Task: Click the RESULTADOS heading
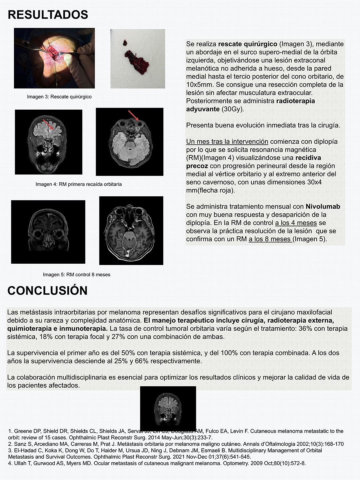click(48, 15)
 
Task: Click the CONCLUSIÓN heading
click(47, 290)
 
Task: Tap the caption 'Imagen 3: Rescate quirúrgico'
click(59, 97)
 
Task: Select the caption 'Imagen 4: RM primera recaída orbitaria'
click(79, 184)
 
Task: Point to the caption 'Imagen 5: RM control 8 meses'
click(77, 275)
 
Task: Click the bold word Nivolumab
click(323, 207)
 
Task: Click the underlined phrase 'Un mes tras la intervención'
click(227, 142)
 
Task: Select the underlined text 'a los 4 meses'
click(296, 223)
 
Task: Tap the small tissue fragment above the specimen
click(125, 43)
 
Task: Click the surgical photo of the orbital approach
click(54, 58)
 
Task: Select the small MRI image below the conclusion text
click(168, 407)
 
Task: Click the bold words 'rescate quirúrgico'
click(248, 44)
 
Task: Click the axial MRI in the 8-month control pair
click(131, 231)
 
